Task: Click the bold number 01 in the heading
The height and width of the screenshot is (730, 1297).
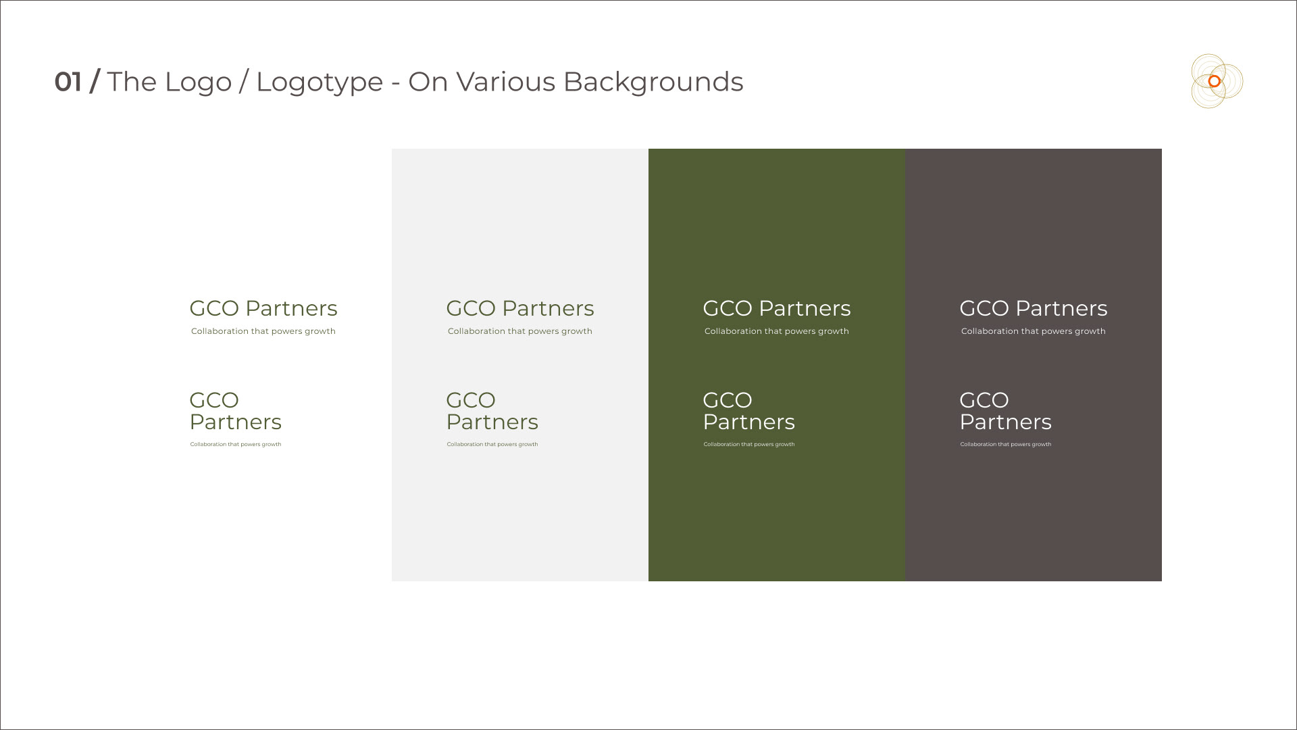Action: [68, 82]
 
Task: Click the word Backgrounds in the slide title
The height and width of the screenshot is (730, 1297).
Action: [653, 82]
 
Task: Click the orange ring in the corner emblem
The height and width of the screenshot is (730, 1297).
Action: [1214, 81]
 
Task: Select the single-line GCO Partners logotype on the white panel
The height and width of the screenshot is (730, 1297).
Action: [263, 308]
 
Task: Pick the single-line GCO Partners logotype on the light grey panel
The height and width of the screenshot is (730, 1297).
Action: [520, 308]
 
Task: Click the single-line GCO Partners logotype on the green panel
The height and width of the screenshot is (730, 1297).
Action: [777, 308]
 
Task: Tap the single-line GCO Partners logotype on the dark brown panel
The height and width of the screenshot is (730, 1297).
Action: [1034, 308]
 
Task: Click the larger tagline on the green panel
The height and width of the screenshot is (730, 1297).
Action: [777, 331]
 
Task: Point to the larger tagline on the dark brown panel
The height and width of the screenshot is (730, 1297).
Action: [1034, 331]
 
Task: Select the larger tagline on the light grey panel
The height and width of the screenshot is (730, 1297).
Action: [520, 331]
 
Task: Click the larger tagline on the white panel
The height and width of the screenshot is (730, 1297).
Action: [263, 331]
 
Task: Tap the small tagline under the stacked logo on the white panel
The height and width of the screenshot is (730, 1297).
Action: [236, 444]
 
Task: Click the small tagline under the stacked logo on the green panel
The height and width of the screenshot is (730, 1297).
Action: [749, 444]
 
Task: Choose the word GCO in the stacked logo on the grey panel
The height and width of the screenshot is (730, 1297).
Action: [471, 400]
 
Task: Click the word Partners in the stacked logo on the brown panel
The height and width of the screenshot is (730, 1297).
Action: [1006, 422]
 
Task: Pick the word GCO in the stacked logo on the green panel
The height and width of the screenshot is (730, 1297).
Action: [728, 400]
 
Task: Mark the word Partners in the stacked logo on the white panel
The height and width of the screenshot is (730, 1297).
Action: [236, 422]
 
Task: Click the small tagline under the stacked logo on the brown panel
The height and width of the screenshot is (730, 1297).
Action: [1006, 444]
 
